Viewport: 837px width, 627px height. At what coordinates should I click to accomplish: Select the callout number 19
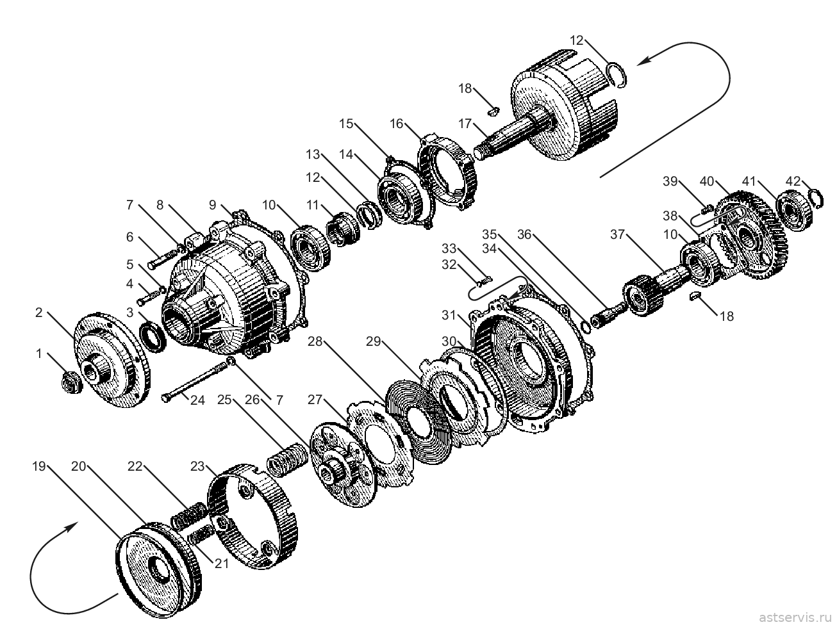pyautogui.click(x=39, y=466)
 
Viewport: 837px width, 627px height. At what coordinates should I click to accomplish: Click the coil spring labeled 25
pyautogui.click(x=286, y=460)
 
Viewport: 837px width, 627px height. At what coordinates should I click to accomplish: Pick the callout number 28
pyautogui.click(x=315, y=341)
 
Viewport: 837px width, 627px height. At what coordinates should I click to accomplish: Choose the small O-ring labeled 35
pyautogui.click(x=586, y=327)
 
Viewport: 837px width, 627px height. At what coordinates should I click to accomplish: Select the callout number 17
pyautogui.click(x=465, y=124)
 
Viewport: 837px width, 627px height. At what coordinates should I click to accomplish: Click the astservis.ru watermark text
pyautogui.click(x=795, y=617)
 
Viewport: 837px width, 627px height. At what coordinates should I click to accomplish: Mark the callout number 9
pyautogui.click(x=212, y=205)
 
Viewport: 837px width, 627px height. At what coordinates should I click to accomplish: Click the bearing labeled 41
pyautogui.click(x=794, y=212)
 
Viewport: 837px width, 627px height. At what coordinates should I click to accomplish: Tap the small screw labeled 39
pyautogui.click(x=708, y=209)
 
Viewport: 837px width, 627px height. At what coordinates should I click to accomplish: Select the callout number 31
pyautogui.click(x=449, y=315)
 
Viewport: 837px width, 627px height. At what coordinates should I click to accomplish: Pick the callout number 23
pyautogui.click(x=197, y=466)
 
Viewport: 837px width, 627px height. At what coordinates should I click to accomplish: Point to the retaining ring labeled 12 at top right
pyautogui.click(x=617, y=74)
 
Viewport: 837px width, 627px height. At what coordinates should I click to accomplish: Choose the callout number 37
pyautogui.click(x=617, y=234)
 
